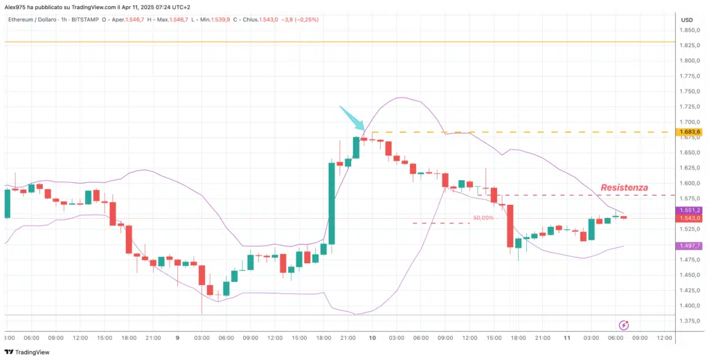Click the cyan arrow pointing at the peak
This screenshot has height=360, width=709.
(352, 118)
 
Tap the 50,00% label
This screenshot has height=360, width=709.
(483, 217)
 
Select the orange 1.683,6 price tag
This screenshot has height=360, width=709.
(690, 132)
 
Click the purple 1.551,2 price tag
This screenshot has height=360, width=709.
(690, 210)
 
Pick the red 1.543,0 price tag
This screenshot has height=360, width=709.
(690, 218)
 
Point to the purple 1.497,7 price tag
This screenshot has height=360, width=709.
(690, 246)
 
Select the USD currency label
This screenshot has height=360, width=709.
(687, 19)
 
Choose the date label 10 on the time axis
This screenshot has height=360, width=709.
(372, 338)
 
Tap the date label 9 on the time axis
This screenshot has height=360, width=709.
(178, 338)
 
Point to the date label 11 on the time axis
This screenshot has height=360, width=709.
(566, 338)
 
